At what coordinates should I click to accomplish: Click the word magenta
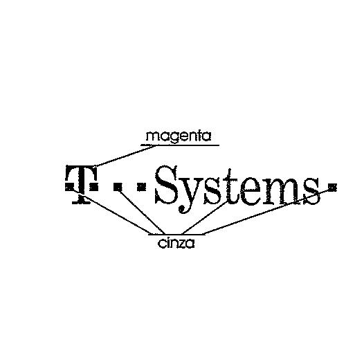(x=179, y=136)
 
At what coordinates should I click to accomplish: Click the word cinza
(x=176, y=244)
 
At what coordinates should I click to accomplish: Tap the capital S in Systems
(x=167, y=185)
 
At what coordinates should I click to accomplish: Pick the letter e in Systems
(x=247, y=192)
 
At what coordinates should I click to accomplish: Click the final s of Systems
(x=310, y=191)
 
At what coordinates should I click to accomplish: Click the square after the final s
(x=332, y=186)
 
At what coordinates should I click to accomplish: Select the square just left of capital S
(x=141, y=187)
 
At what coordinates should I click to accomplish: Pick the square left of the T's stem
(x=69, y=187)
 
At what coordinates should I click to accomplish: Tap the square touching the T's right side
(x=93, y=187)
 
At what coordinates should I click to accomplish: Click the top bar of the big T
(x=81, y=170)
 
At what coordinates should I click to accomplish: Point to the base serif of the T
(x=81, y=202)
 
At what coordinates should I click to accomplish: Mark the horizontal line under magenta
(x=180, y=145)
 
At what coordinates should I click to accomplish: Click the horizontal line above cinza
(x=176, y=235)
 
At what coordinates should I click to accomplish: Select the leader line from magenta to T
(x=125, y=156)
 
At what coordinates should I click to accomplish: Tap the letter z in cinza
(x=181, y=244)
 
